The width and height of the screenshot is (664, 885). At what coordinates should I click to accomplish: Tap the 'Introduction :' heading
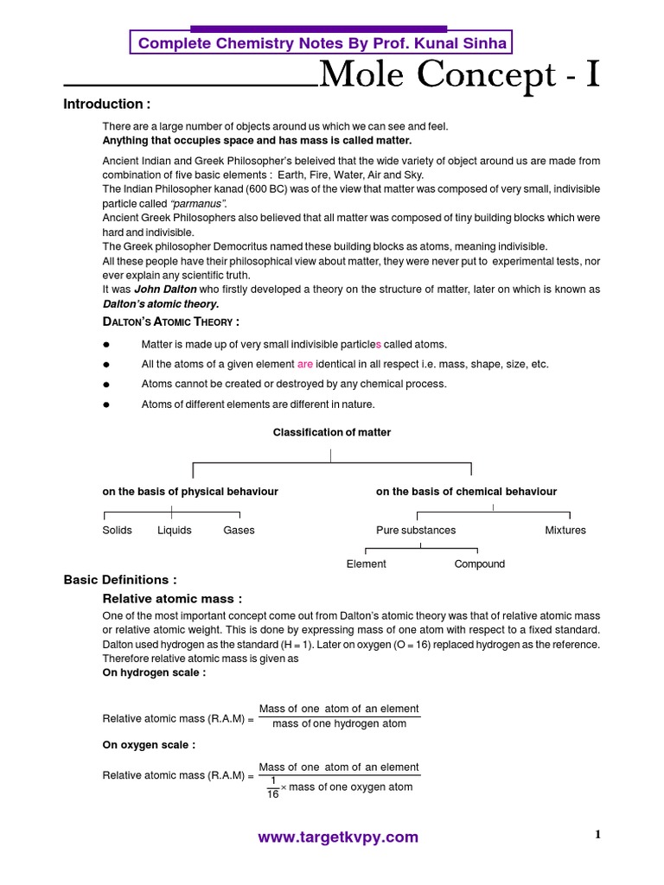click(x=107, y=105)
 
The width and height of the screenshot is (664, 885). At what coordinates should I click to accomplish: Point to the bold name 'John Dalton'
click(x=163, y=290)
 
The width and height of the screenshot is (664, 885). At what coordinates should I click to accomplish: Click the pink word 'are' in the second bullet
click(x=305, y=364)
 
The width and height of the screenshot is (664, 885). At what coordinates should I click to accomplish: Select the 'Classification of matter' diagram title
click(x=332, y=432)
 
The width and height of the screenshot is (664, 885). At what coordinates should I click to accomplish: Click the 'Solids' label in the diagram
click(x=118, y=530)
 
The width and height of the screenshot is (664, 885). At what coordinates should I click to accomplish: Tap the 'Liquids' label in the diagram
click(x=175, y=530)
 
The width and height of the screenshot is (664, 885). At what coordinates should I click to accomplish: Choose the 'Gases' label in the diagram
click(x=239, y=530)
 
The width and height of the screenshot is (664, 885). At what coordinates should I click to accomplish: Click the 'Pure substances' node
click(x=416, y=530)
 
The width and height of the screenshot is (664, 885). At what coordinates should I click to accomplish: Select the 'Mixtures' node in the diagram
click(x=565, y=530)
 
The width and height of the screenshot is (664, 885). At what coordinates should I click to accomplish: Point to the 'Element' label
click(x=367, y=563)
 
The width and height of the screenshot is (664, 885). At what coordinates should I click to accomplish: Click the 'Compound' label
click(x=480, y=563)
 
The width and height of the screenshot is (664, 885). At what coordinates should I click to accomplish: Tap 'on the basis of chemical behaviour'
click(x=466, y=491)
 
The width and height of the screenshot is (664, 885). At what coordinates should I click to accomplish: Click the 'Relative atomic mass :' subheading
click(x=172, y=598)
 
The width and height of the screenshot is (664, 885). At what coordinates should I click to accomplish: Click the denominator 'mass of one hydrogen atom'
click(x=339, y=723)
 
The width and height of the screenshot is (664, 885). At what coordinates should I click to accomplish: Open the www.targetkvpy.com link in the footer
click(x=338, y=837)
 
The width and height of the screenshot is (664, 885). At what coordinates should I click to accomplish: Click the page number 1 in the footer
click(x=597, y=834)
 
